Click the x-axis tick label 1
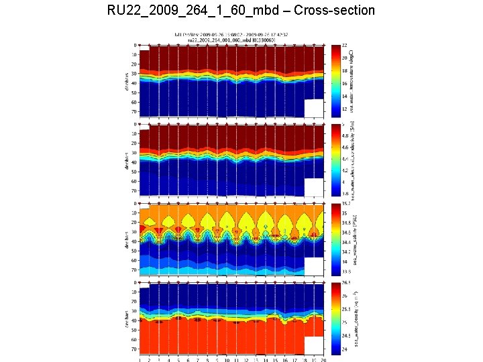140,360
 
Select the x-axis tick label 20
324,360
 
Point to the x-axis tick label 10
227,360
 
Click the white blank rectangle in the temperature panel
315,108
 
